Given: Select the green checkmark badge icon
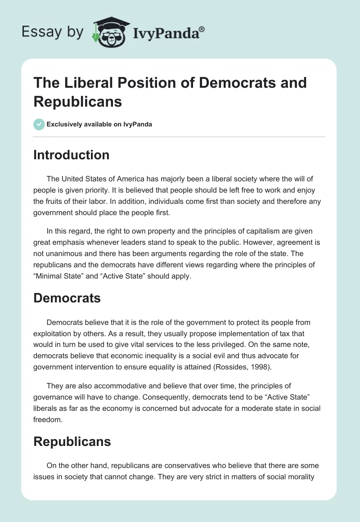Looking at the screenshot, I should (x=39, y=124).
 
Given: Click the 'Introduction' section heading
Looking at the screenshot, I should (x=71, y=155).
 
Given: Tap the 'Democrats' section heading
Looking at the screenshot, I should (x=67, y=298).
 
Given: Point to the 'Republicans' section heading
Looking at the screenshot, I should (x=72, y=441).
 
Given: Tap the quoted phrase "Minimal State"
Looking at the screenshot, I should (x=57, y=276).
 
